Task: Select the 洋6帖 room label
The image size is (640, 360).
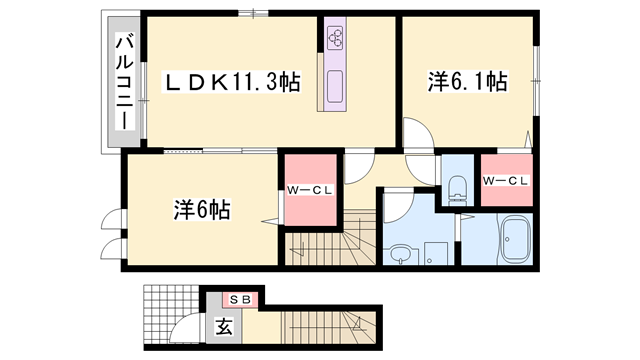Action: point(202,210)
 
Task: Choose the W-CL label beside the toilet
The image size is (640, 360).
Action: point(505,180)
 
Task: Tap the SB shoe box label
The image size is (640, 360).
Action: point(242,299)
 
